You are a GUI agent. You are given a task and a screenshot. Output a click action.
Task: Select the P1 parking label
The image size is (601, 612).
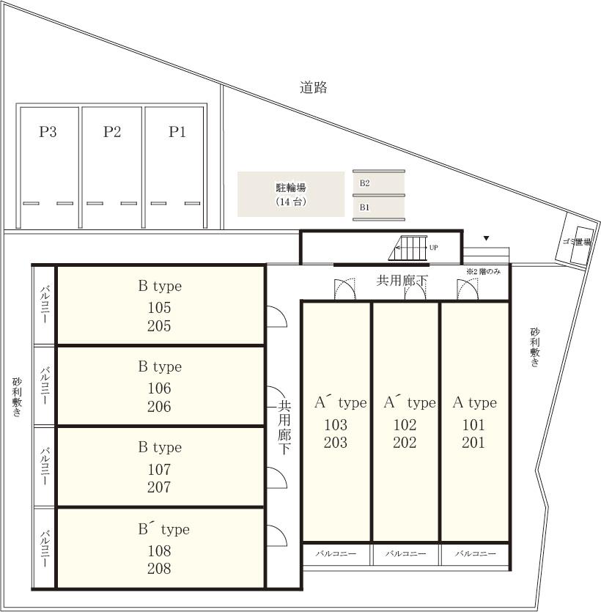(x=177, y=131)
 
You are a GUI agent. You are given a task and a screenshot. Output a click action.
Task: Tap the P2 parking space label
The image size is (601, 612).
(x=112, y=131)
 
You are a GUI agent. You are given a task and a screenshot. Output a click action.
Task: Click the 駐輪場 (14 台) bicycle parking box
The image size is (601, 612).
(x=291, y=194)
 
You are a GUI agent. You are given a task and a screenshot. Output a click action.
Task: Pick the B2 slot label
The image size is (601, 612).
(x=364, y=183)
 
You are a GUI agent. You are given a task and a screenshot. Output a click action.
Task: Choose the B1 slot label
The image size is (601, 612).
(x=364, y=207)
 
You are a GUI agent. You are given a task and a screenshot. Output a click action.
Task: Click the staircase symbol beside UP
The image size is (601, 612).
(x=408, y=248)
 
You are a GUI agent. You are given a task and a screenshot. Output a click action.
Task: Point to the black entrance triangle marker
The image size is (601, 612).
(x=486, y=238)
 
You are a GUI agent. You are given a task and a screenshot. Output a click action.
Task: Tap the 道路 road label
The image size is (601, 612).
(x=314, y=87)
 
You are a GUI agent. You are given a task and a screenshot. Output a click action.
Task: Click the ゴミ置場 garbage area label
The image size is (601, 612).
(x=577, y=242)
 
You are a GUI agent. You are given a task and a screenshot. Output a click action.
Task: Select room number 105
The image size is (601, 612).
(x=159, y=308)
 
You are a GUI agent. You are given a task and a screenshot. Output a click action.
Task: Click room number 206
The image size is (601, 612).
(x=159, y=406)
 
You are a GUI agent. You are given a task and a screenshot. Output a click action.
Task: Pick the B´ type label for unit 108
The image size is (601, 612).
(x=164, y=530)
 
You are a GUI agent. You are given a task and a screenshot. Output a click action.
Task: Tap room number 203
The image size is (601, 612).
(x=336, y=442)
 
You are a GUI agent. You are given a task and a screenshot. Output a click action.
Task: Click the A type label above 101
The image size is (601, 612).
(x=475, y=402)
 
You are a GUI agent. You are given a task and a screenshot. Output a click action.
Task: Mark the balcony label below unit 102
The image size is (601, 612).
(x=405, y=553)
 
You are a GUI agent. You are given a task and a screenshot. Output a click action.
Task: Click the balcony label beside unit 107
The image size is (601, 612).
(x=45, y=466)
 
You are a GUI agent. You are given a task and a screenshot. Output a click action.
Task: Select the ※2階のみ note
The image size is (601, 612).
(x=483, y=271)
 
